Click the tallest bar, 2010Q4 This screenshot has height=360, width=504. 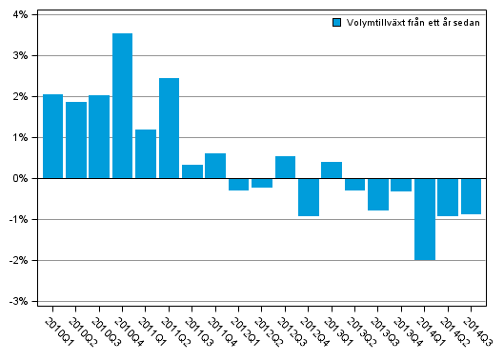point(122,106)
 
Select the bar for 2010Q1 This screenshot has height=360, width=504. point(52,136)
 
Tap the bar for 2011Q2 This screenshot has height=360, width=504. point(169,129)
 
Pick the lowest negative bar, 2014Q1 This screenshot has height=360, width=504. point(424,219)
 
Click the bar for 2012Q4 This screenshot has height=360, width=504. point(308,197)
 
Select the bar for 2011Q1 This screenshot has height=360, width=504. point(146,154)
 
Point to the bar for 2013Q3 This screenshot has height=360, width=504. point(377,194)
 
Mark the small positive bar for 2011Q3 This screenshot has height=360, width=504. point(192,171)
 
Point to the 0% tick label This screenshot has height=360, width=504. point(20,178)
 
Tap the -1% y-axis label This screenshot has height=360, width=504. point(19,219)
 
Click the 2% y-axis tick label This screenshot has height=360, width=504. point(20,96)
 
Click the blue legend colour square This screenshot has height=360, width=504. point(336,22)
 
